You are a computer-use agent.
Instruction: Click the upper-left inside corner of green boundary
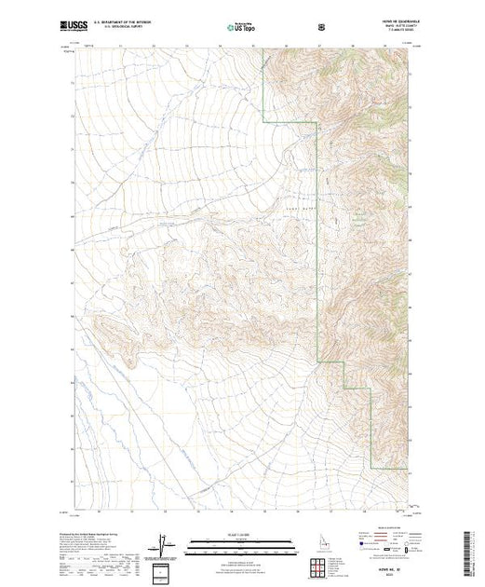[263, 122]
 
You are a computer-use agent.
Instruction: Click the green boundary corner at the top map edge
[263, 52]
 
